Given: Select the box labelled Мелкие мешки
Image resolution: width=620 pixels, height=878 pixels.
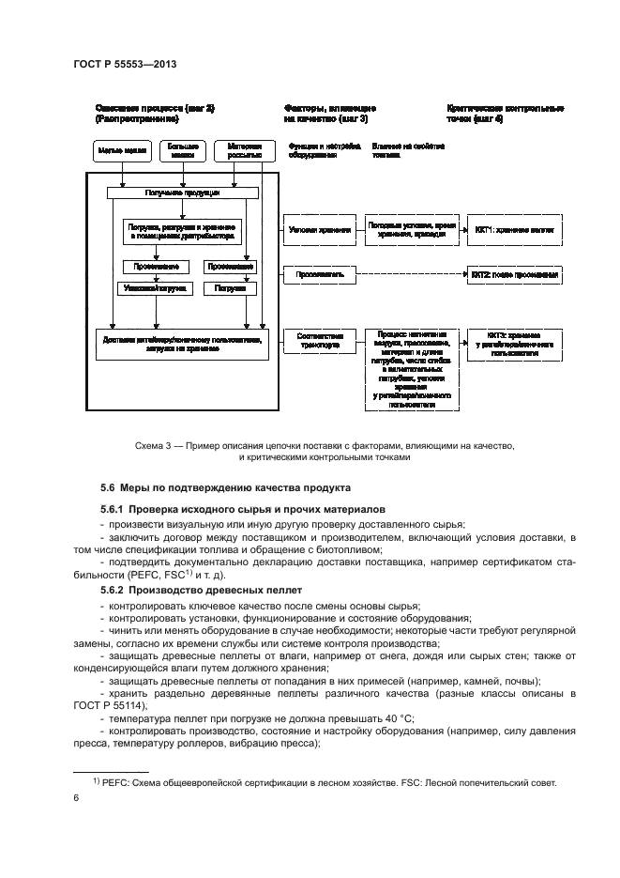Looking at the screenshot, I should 120,149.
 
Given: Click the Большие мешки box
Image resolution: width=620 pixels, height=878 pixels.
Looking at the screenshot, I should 182,149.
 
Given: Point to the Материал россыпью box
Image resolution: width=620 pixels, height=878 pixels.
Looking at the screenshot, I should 244,149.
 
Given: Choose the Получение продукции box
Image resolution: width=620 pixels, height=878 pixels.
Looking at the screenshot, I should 183,193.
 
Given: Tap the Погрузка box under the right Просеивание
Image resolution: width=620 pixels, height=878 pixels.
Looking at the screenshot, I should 230,288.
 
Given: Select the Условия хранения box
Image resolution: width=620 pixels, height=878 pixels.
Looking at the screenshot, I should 319,229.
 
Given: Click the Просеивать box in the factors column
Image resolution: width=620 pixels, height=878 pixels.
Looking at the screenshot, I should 319,275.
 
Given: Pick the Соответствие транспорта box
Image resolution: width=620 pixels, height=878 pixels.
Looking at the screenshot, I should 319,340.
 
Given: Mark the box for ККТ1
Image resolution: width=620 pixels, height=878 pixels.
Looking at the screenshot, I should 515,229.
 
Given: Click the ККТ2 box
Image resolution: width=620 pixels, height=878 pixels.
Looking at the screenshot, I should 515,275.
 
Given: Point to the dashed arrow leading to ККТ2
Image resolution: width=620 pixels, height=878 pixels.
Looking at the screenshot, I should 413,275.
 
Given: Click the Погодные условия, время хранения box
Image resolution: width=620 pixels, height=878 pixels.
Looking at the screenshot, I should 412,229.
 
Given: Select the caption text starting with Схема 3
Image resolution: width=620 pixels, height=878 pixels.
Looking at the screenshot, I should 324,446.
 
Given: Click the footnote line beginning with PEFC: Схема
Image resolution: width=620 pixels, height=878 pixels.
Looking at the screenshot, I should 324,781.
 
